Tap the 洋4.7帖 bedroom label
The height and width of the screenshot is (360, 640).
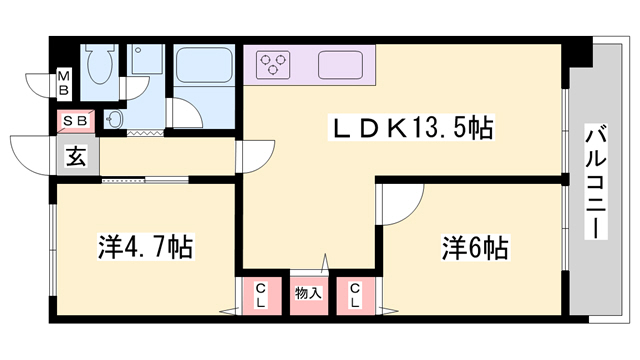(145, 243)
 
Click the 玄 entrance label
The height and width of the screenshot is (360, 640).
(76, 156)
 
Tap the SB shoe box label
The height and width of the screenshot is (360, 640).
(76, 121)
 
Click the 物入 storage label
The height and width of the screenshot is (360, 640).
(309, 293)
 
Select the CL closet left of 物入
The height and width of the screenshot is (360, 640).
(261, 294)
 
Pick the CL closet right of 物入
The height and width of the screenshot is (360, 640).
(356, 294)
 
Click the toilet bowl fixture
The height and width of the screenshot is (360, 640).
(99, 67)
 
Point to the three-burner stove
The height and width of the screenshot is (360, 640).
(272, 66)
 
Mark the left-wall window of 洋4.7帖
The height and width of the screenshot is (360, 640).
(51, 250)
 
